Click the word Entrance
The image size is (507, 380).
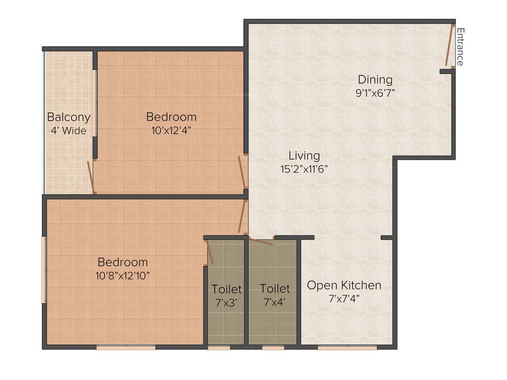[460, 47]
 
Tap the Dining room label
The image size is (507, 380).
[375, 79]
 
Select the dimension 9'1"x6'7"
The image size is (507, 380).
[375, 93]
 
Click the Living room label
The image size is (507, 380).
[304, 155]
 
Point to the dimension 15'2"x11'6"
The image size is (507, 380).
[304, 168]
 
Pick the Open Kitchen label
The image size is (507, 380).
[344, 285]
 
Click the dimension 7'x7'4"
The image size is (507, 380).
[344, 299]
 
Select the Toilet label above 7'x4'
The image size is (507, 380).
[275, 288]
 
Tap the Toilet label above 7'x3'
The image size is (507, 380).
[227, 289]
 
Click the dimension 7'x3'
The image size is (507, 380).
[227, 302]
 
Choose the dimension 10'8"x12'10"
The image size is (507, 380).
[123, 276]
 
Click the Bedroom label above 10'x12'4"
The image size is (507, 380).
[171, 117]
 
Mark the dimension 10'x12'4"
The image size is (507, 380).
[171, 131]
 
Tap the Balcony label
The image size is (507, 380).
[69, 117]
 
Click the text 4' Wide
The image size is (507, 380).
[69, 131]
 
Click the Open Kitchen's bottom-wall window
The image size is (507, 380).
[347, 348]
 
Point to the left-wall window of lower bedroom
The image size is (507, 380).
[44, 270]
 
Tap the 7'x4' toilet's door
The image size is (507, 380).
[261, 241]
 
